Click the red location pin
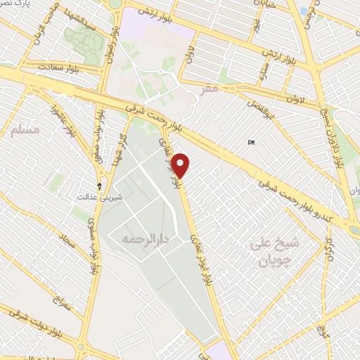pyautogui.click(x=181, y=165)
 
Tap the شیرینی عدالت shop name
pyautogui.click(x=104, y=198)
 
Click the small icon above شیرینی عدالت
pyautogui.click(x=100, y=186)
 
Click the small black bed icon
pyautogui.click(x=252, y=143)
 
